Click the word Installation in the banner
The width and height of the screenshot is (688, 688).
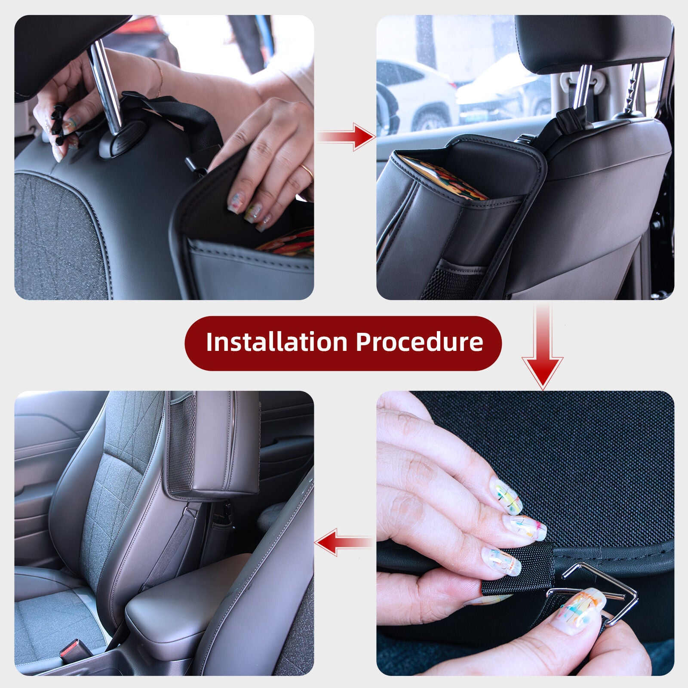pyautogui.click(x=276, y=342)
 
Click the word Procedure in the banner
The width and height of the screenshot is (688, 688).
pyautogui.click(x=419, y=342)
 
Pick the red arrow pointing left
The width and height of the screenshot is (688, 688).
pyautogui.click(x=344, y=543)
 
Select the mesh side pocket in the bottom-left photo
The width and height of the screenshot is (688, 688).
pyautogui.click(x=181, y=443)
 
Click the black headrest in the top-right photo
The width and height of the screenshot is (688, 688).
pyautogui.click(x=593, y=39)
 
